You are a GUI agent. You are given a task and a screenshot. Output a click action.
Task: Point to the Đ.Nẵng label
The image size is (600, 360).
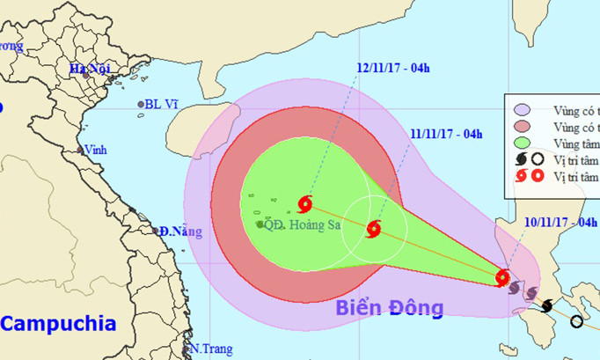[180, 232]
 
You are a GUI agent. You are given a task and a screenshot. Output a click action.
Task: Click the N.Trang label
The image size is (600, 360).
[212, 349]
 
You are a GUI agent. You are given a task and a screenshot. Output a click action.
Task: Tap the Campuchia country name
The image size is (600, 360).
[58, 323]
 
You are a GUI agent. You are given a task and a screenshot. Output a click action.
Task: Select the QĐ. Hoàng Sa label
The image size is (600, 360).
[297, 224]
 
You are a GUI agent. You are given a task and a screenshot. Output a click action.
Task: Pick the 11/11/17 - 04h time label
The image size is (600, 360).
[447, 134]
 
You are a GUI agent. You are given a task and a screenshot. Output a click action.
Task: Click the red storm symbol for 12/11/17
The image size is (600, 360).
[305, 204]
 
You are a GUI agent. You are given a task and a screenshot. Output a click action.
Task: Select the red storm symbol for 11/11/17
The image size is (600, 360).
[373, 230]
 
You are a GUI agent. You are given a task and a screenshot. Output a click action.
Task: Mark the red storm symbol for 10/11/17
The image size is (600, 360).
[502, 278]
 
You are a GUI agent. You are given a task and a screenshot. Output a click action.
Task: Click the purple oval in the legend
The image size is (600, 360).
[522, 110]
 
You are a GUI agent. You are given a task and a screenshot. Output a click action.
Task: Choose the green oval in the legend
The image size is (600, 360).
[522, 143]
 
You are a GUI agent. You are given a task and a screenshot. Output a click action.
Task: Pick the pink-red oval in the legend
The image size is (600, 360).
[522, 127]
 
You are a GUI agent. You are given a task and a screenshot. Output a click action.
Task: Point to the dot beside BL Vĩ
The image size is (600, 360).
[141, 105]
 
